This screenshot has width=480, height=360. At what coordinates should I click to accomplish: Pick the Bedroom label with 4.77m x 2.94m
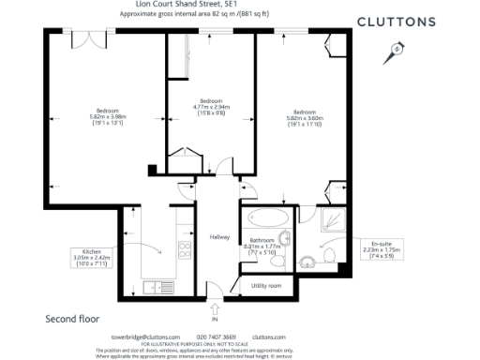pyautogui.click(x=211, y=106)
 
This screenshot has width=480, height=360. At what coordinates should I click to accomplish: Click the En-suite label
pyautogui.click(x=381, y=248)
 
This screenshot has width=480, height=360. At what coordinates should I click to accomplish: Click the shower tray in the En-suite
pyautogui.click(x=331, y=222)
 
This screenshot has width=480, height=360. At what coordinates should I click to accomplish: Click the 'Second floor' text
pyautogui.click(x=73, y=319)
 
